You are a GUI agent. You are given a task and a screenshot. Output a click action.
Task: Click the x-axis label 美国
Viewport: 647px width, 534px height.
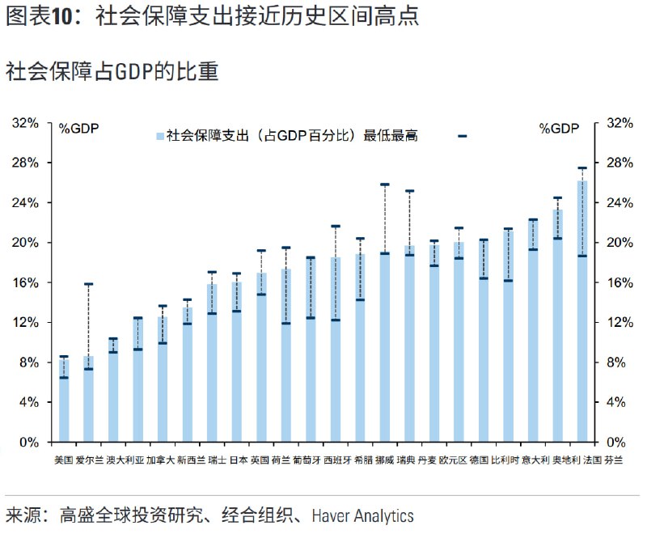tap(63, 460)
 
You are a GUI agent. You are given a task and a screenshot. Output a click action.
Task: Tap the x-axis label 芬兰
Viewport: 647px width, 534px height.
tap(614, 460)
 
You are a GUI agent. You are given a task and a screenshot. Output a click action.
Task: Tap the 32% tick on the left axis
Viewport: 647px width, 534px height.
tap(26, 123)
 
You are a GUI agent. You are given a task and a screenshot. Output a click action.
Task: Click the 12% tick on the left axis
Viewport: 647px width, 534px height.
tap(26, 323)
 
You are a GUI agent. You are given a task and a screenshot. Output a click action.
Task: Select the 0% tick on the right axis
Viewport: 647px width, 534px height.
tap(618, 443)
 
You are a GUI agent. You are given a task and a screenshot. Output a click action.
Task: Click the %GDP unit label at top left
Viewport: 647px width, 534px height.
tap(78, 129)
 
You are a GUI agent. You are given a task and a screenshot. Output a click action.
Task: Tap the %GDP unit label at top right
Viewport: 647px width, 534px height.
tap(560, 129)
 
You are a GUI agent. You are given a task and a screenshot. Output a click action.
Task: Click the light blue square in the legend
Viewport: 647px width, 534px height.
tap(160, 136)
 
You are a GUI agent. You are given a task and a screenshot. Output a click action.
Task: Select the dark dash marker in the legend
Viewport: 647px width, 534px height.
tap(462, 136)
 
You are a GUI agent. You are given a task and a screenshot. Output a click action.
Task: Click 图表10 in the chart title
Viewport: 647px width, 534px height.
tap(44, 17)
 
